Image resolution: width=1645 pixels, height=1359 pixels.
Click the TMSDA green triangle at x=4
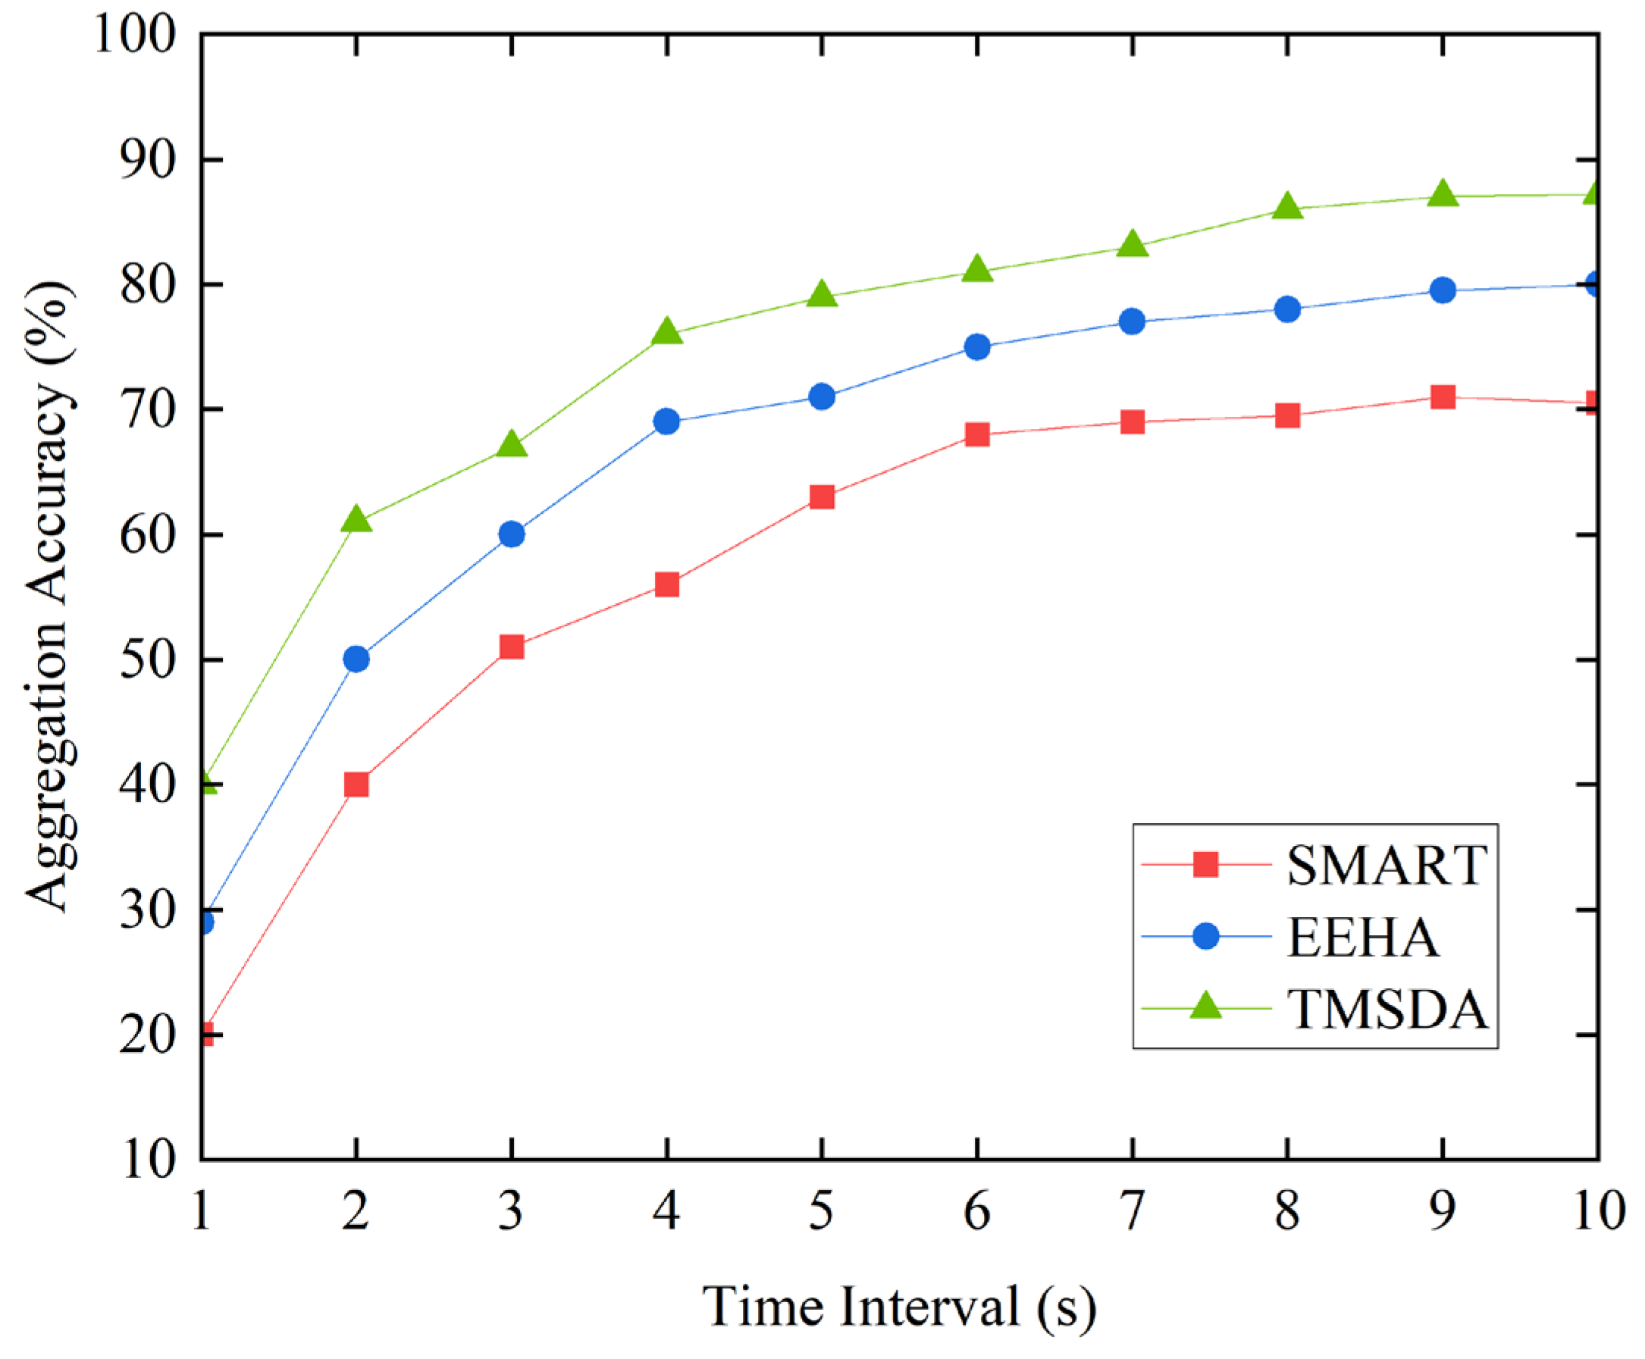coord(666,332)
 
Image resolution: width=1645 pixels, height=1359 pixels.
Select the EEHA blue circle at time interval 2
coord(356,659)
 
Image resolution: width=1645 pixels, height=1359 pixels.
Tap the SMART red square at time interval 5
coord(821,497)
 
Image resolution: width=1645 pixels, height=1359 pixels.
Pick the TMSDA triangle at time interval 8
coord(1287,207)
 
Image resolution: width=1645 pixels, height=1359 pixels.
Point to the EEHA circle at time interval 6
coord(977,347)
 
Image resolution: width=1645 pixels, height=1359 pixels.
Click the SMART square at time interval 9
coord(1442,397)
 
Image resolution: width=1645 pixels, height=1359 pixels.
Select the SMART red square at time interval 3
coord(511,647)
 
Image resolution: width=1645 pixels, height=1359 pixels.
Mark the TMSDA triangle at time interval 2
coord(356,519)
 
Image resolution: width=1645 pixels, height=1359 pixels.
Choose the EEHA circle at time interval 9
coord(1442,290)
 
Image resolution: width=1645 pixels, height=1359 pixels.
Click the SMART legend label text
coord(1386,866)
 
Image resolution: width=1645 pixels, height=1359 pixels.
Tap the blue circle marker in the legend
coord(1206,936)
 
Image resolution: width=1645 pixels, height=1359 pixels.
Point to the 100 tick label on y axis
coord(135,34)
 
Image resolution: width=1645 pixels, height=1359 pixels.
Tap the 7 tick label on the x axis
coord(1132,1211)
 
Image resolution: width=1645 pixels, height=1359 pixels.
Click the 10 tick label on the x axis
coord(1597,1211)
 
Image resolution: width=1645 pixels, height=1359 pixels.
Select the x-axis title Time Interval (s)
coord(899,1307)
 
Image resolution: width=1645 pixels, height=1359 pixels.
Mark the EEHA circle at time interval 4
coord(666,422)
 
